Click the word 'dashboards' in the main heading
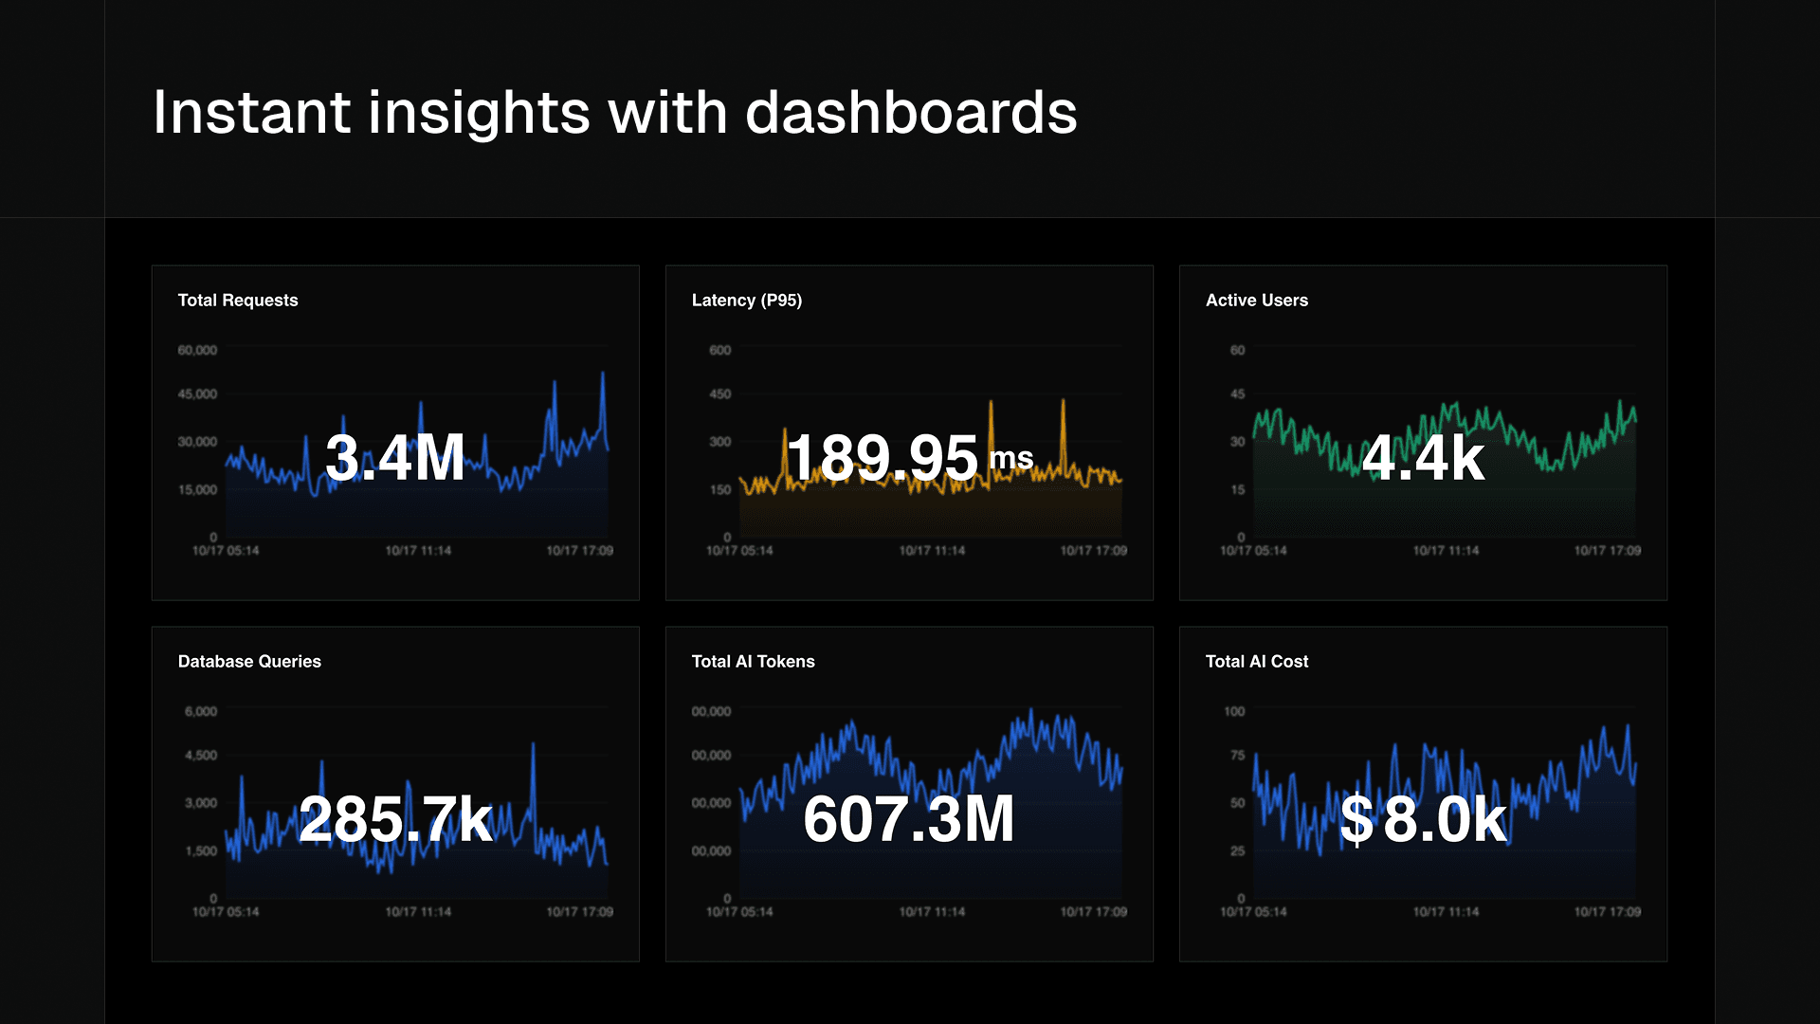click(x=911, y=113)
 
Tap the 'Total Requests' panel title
click(x=238, y=301)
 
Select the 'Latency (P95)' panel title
click(x=747, y=301)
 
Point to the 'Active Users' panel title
click(x=1257, y=301)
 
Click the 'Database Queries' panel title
click(x=249, y=662)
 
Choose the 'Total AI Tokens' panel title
click(x=754, y=662)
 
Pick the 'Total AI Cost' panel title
click(x=1257, y=662)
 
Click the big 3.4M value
click(x=395, y=458)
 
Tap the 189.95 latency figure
click(x=883, y=458)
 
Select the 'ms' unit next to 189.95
click(x=1010, y=458)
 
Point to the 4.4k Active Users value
click(x=1423, y=458)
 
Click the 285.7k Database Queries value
click(x=395, y=819)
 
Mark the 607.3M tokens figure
click(x=909, y=819)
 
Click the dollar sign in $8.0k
click(x=1356, y=819)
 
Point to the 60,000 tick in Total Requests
click(x=197, y=351)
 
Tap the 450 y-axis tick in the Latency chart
click(x=720, y=394)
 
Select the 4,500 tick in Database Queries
click(x=201, y=756)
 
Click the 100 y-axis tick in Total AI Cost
click(x=1234, y=712)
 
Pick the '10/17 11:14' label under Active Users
click(x=1446, y=551)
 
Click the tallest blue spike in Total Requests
click(x=603, y=375)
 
